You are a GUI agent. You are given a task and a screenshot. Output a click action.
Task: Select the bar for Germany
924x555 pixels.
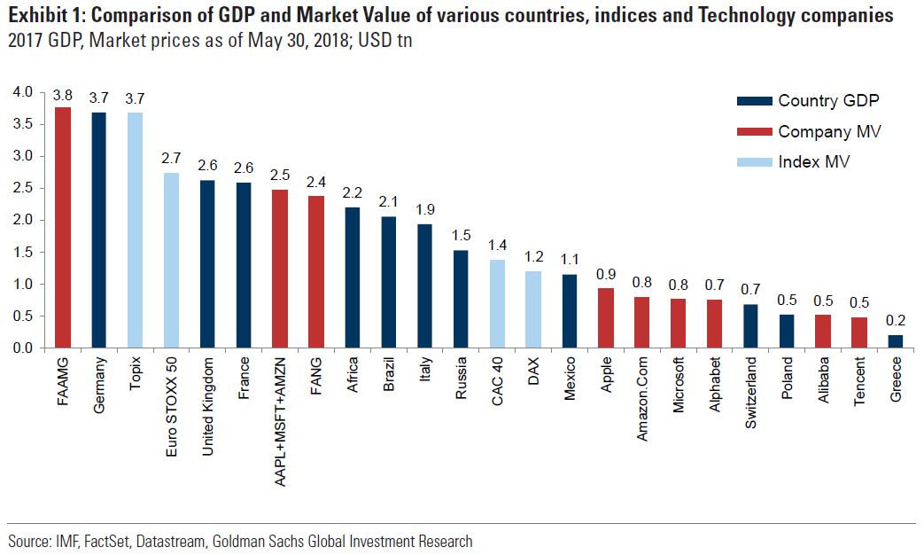[x=99, y=230]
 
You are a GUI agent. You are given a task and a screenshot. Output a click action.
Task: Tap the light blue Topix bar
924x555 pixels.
[x=135, y=230]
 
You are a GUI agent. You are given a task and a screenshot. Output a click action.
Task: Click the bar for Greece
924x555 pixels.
[x=896, y=340]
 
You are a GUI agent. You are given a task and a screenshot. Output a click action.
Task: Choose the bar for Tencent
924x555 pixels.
[x=859, y=332]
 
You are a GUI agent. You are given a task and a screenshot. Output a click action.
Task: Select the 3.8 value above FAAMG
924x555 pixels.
[x=63, y=95]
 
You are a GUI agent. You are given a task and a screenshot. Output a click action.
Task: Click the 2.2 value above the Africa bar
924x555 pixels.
[x=353, y=193]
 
